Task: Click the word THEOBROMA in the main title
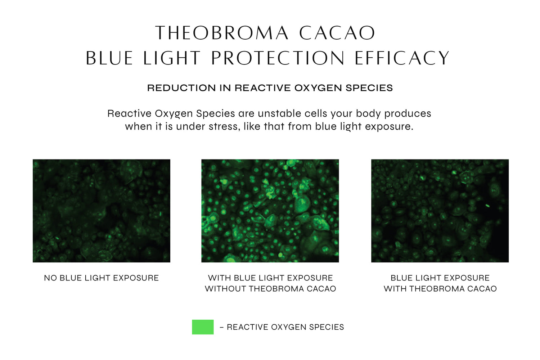pos(222,33)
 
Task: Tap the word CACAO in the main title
pos(337,33)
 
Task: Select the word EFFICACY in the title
pos(402,58)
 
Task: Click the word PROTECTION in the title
pos(278,58)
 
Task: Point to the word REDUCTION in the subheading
pos(181,88)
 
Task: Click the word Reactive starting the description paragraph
pos(130,113)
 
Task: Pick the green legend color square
pos(203,327)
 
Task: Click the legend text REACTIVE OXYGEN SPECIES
pos(285,327)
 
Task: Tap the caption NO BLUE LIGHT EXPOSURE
pos(102,278)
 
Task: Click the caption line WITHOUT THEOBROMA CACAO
pos(270,289)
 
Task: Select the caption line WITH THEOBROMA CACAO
pos(440,289)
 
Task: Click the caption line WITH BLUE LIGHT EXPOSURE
pos(270,278)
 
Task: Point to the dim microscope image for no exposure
pos(102,211)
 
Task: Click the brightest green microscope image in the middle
pos(270,211)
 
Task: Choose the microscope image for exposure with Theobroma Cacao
pos(440,211)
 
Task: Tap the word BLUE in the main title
pos(109,58)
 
